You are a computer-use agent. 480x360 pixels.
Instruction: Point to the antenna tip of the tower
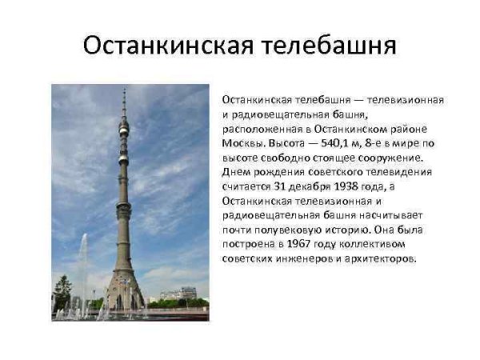(124, 91)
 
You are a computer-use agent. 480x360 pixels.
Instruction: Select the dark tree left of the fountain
(62, 292)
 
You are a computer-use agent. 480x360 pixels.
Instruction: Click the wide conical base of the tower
(124, 292)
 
